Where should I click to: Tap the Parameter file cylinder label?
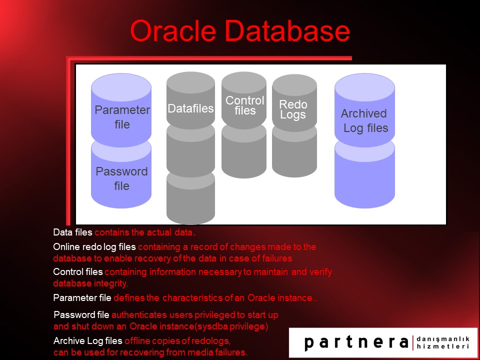click(122, 117)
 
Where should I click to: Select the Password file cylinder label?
click(121, 178)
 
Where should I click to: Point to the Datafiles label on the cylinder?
click(190, 108)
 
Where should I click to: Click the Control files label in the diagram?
click(244, 105)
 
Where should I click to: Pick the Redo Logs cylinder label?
click(293, 109)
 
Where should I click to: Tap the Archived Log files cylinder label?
click(364, 120)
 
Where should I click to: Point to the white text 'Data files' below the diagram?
click(73, 232)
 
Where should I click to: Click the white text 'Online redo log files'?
click(94, 247)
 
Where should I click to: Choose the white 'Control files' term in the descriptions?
click(77, 272)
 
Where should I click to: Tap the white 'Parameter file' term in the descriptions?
click(82, 298)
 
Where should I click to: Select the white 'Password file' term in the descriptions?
click(81, 315)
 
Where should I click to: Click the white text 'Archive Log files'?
click(87, 341)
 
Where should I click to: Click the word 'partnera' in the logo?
click(356, 342)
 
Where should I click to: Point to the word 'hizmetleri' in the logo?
click(442, 346)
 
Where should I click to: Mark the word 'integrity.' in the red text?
click(110, 283)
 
